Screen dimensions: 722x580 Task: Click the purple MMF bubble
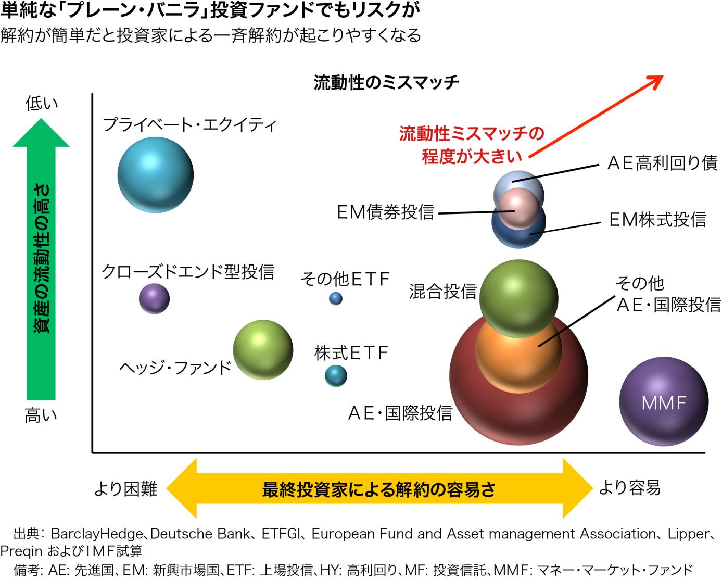pyautogui.click(x=664, y=401)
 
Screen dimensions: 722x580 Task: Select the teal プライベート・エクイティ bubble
pyautogui.click(x=155, y=175)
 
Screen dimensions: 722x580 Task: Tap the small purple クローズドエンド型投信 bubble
pyautogui.click(x=154, y=299)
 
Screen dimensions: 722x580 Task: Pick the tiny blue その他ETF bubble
pyautogui.click(x=336, y=298)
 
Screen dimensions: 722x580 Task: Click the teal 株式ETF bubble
pyautogui.click(x=336, y=376)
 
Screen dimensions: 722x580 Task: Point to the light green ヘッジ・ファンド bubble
pyautogui.click(x=263, y=350)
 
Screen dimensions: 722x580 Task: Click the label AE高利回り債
pyautogui.click(x=662, y=163)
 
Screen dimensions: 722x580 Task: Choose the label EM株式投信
pyautogui.click(x=658, y=220)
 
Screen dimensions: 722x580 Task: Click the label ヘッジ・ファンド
pyautogui.click(x=175, y=368)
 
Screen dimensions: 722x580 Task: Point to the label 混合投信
pyautogui.click(x=443, y=292)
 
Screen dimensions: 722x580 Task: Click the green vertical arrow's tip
pyautogui.click(x=41, y=119)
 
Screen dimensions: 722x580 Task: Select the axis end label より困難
pyautogui.click(x=125, y=489)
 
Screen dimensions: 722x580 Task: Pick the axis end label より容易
pyautogui.click(x=630, y=488)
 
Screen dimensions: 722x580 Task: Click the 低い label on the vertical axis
pyautogui.click(x=42, y=103)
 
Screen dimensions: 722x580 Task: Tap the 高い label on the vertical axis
pyautogui.click(x=41, y=415)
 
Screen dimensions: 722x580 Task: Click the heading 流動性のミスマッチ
pyautogui.click(x=386, y=83)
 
